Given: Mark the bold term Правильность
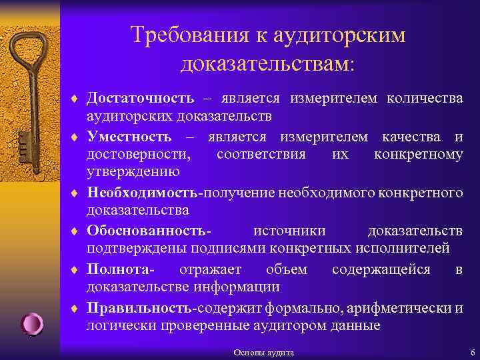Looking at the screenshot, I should [139, 308].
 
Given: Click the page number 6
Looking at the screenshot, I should [472, 352].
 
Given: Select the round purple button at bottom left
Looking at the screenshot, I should [32, 324].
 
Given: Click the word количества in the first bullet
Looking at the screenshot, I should [425, 99].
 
